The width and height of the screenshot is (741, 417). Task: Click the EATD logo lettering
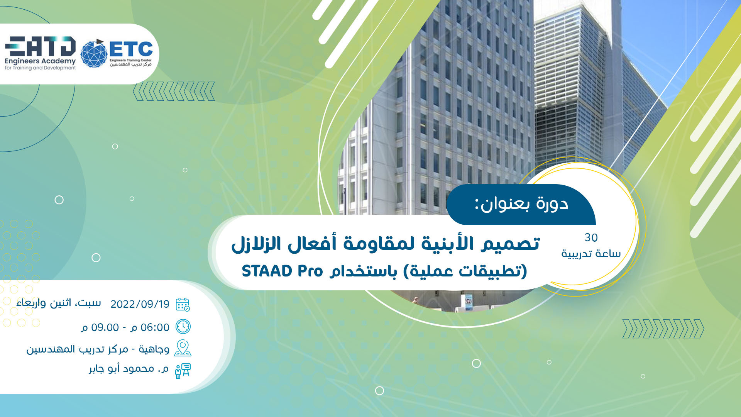[40, 46]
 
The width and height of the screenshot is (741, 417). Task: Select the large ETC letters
[131, 49]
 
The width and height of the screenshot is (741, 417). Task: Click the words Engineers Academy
[40, 61]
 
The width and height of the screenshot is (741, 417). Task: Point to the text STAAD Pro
[282, 271]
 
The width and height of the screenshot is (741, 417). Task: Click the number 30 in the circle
[591, 237]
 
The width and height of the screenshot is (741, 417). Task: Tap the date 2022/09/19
[140, 304]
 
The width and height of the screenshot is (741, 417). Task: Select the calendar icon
[183, 304]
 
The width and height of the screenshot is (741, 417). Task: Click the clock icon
[183, 327]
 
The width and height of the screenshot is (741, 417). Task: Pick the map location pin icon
[183, 348]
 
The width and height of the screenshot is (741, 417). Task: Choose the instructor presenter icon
[183, 371]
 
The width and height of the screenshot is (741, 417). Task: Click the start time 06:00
[155, 327]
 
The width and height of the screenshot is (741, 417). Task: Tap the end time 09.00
[105, 327]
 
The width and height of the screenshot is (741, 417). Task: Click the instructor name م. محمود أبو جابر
[129, 369]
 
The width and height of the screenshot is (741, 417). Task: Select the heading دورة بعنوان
[521, 204]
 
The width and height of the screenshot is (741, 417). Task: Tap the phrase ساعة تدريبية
[591, 254]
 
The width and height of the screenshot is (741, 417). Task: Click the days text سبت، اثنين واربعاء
[59, 303]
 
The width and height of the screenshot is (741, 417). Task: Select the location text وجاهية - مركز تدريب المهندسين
[98, 349]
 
